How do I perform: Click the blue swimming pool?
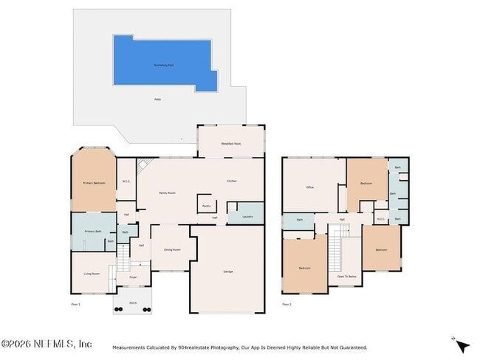[162, 63]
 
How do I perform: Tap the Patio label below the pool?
[157, 99]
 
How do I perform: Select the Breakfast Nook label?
[231, 143]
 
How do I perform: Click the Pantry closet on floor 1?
[206, 206]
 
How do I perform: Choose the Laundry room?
[247, 216]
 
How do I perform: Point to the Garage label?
[228, 271]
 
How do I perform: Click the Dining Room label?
[171, 249]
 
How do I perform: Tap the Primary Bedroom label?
[93, 181]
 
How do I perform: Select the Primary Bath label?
[93, 231]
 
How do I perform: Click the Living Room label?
[92, 274]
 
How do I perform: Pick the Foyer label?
[133, 277]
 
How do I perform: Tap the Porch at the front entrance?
[133, 302]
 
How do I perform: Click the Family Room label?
[168, 193]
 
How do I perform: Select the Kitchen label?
[232, 181]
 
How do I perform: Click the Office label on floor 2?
[311, 187]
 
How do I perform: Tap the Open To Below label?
[347, 276]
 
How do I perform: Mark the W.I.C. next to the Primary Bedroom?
[126, 181]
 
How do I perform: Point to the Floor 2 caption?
[287, 303]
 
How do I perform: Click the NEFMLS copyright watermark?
[46, 344]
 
